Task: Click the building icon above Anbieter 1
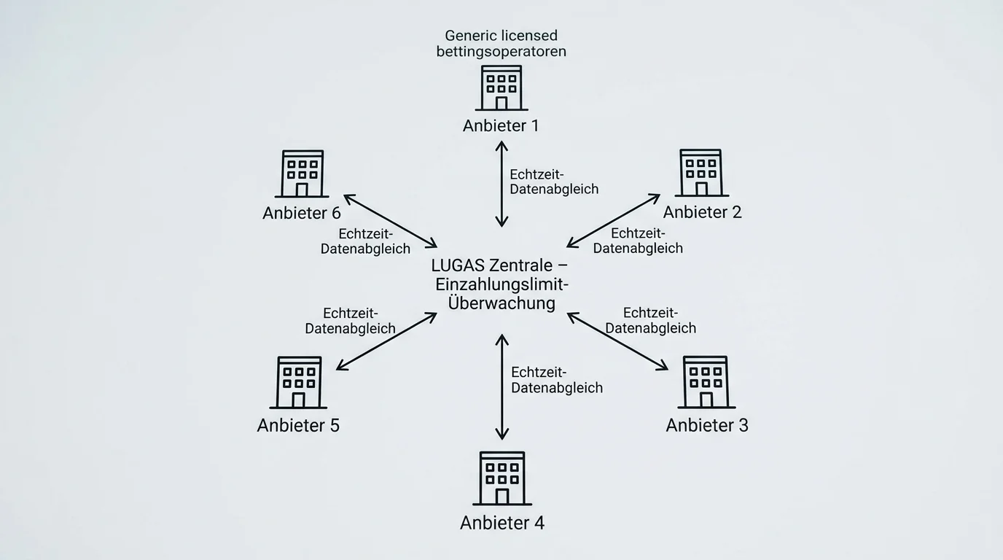(x=501, y=87)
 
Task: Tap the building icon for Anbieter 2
(x=702, y=173)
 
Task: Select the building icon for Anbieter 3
(x=706, y=382)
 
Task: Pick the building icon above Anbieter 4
(x=502, y=478)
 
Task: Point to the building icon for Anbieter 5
(x=298, y=383)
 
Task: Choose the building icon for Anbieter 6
(x=302, y=174)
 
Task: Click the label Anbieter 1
(x=501, y=126)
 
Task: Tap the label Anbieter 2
(x=702, y=212)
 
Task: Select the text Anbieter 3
(x=707, y=425)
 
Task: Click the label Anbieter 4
(x=502, y=523)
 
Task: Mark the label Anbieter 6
(x=302, y=213)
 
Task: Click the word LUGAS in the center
(x=458, y=265)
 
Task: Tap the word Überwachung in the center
(x=501, y=303)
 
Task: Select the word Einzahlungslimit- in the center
(x=502, y=284)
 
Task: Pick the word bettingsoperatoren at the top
(x=501, y=52)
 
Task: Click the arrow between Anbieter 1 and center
(x=501, y=184)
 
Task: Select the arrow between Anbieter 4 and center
(x=502, y=386)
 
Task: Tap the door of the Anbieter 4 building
(x=502, y=497)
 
